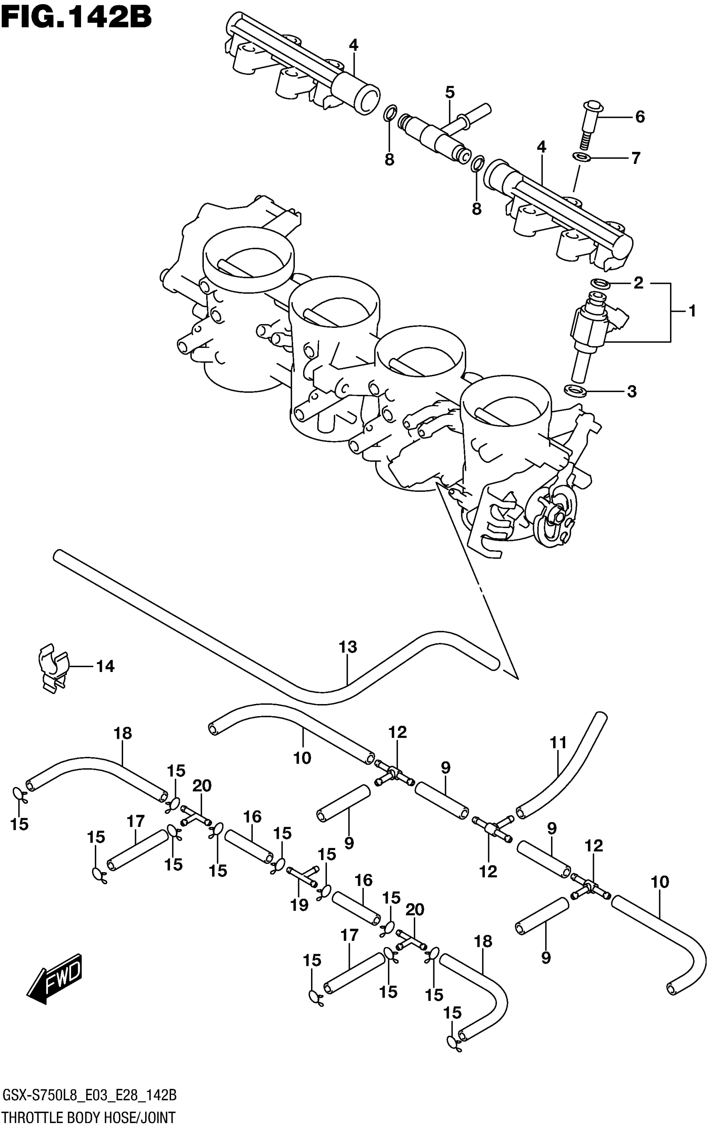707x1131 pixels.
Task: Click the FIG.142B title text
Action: tap(76, 18)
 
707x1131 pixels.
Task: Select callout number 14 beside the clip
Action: tap(105, 666)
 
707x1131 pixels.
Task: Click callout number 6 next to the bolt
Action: tap(640, 117)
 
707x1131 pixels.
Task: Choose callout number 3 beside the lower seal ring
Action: tap(631, 391)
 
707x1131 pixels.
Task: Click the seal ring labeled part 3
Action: tap(575, 389)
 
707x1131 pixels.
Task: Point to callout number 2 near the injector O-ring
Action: tap(638, 283)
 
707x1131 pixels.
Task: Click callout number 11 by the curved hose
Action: tap(558, 742)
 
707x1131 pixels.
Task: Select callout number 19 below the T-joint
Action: tap(299, 905)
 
